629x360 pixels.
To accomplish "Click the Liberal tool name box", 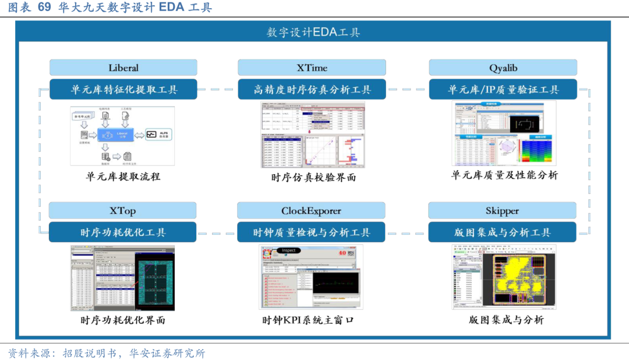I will (x=123, y=68).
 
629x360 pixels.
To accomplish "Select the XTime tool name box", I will (x=312, y=68).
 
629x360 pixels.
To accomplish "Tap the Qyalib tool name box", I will (x=503, y=68).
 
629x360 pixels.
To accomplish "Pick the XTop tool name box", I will (x=122, y=210).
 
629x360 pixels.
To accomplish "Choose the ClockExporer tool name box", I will (x=311, y=210).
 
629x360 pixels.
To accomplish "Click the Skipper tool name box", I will (x=502, y=210).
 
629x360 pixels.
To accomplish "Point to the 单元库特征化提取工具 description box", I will (x=123, y=89).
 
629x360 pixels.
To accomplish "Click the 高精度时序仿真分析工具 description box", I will (x=312, y=89).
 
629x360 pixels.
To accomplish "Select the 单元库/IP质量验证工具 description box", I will (x=503, y=89).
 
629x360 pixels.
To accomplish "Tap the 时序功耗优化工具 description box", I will (x=122, y=232).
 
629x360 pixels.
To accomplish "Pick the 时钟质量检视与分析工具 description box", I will (x=311, y=232).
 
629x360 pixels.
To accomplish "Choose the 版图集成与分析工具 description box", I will (x=502, y=232).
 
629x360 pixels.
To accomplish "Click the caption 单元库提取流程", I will (x=123, y=176).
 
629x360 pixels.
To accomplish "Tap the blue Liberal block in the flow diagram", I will (x=121, y=135).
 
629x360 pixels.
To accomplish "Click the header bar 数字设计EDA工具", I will (x=313, y=32).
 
